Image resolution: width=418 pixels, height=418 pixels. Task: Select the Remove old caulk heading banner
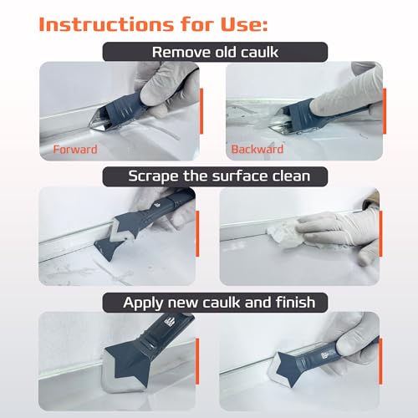(x=209, y=52)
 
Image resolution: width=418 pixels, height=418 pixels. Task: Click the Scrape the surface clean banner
(x=209, y=177)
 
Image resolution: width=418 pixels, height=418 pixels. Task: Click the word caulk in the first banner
(x=247, y=52)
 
